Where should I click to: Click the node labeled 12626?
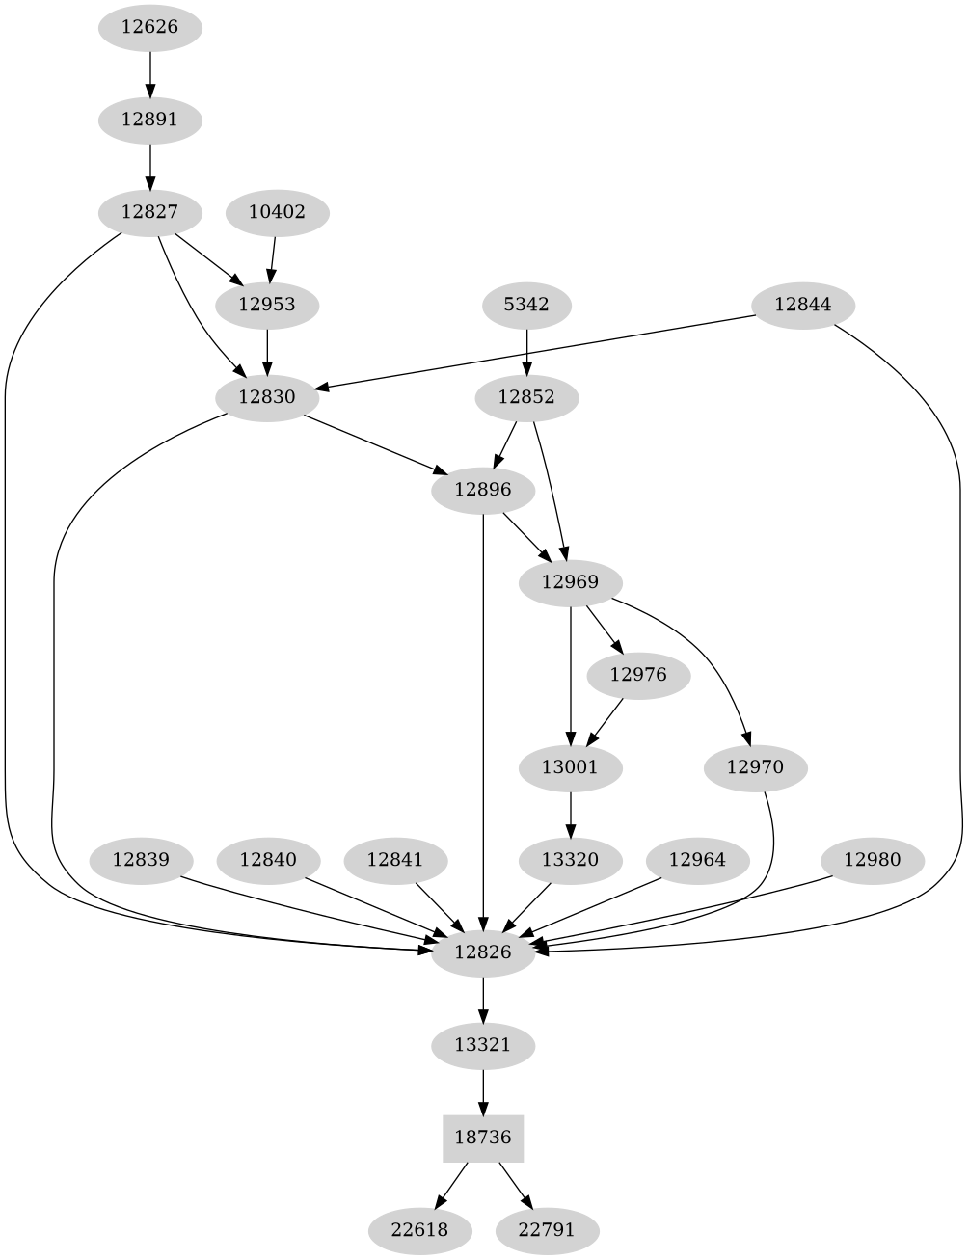149,27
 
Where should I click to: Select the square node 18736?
482,1138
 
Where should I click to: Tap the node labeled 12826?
482,952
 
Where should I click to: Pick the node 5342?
526,305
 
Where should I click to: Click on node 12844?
802,305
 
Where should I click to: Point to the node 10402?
277,212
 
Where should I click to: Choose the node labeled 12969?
570,582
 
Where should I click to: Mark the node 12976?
637,675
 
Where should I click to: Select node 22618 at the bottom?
420,1230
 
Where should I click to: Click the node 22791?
547,1230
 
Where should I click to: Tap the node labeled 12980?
872,859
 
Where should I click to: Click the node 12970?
755,767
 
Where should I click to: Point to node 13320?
571,859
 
